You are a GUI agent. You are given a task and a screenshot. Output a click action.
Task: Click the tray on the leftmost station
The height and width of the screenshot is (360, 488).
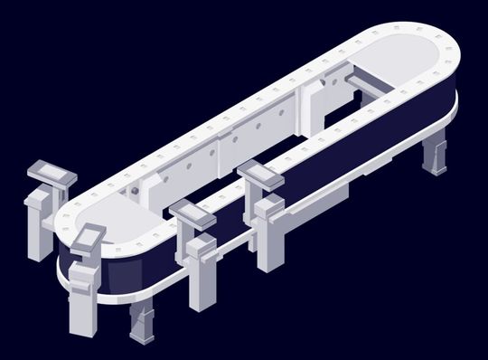tap(50, 172)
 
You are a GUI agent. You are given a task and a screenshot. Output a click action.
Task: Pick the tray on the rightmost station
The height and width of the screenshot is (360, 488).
tap(262, 173)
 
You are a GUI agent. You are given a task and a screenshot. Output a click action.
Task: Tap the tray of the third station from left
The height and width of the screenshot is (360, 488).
tap(192, 213)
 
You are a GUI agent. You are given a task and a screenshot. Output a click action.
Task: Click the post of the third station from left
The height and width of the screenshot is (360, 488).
tap(200, 271)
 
